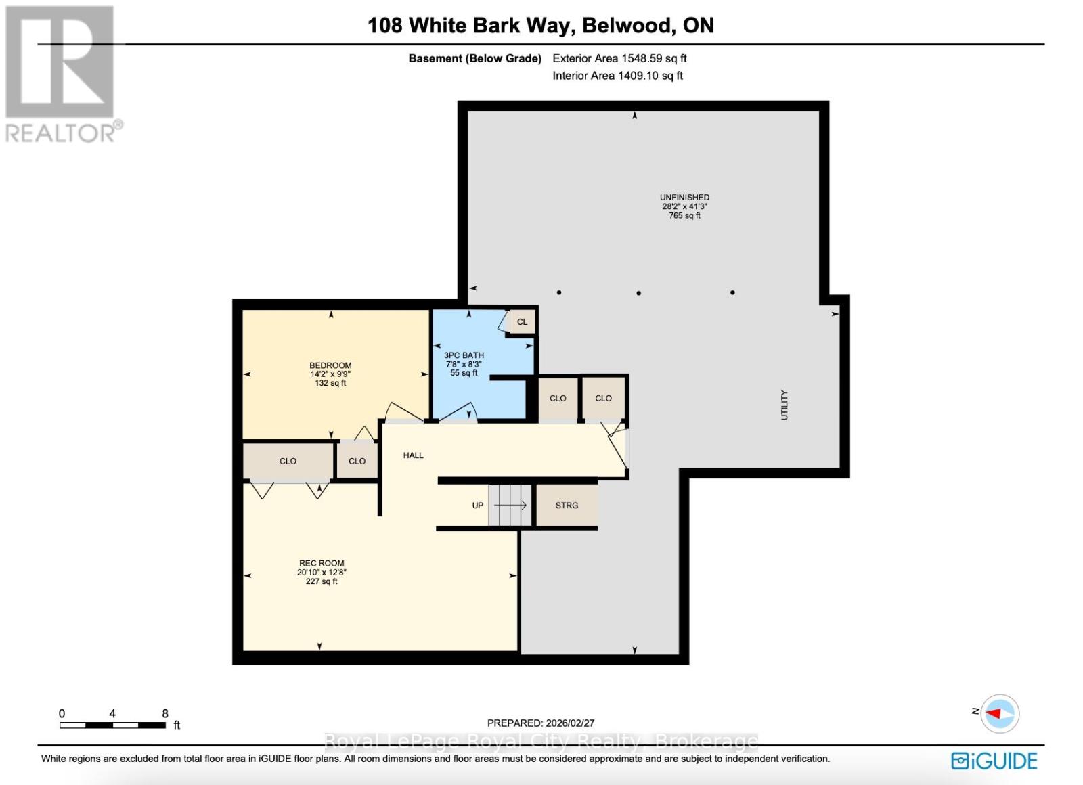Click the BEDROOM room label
tap(330, 366)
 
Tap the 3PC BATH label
tap(464, 355)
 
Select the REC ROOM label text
tap(322, 563)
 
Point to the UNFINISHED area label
tap(684, 198)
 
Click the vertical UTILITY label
tap(784, 405)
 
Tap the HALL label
tap(413, 455)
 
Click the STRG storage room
tap(567, 506)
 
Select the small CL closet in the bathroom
tap(522, 322)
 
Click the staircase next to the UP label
tap(510, 506)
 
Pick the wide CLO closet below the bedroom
tap(288, 462)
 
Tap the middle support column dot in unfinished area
tap(638, 293)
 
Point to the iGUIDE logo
tap(994, 761)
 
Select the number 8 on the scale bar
tap(165, 713)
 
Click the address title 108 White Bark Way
tap(540, 26)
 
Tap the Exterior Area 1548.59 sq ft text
tap(619, 58)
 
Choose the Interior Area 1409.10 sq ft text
tap(617, 76)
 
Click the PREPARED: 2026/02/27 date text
tap(540, 723)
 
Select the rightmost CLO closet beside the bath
tap(603, 399)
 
